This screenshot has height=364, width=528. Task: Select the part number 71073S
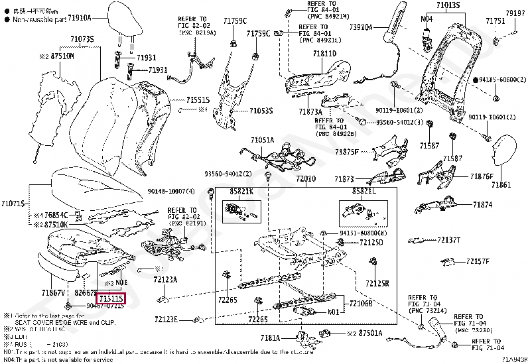pyautogui.click(x=82, y=40)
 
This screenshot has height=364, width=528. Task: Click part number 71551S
pyautogui.click(x=198, y=99)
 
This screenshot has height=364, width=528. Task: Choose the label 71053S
pyautogui.click(x=261, y=111)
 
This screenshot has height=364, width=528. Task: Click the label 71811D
pyautogui.click(x=325, y=52)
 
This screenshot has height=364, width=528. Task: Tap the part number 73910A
pyautogui.click(x=362, y=27)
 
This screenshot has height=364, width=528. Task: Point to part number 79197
pyautogui.click(x=515, y=13)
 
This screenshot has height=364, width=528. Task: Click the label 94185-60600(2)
pyautogui.click(x=498, y=80)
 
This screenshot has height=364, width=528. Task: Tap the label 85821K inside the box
pyautogui.click(x=242, y=191)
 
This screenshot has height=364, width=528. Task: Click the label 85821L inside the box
pyautogui.click(x=364, y=191)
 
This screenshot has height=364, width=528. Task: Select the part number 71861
pyautogui.click(x=501, y=184)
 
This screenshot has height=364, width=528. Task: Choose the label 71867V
pyautogui.click(x=52, y=292)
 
